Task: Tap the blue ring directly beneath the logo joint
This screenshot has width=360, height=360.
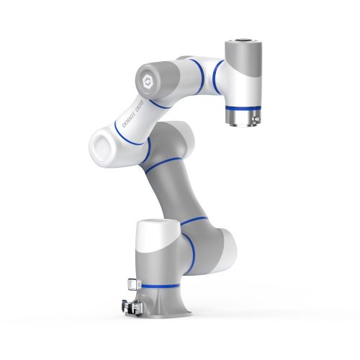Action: click(157, 102)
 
